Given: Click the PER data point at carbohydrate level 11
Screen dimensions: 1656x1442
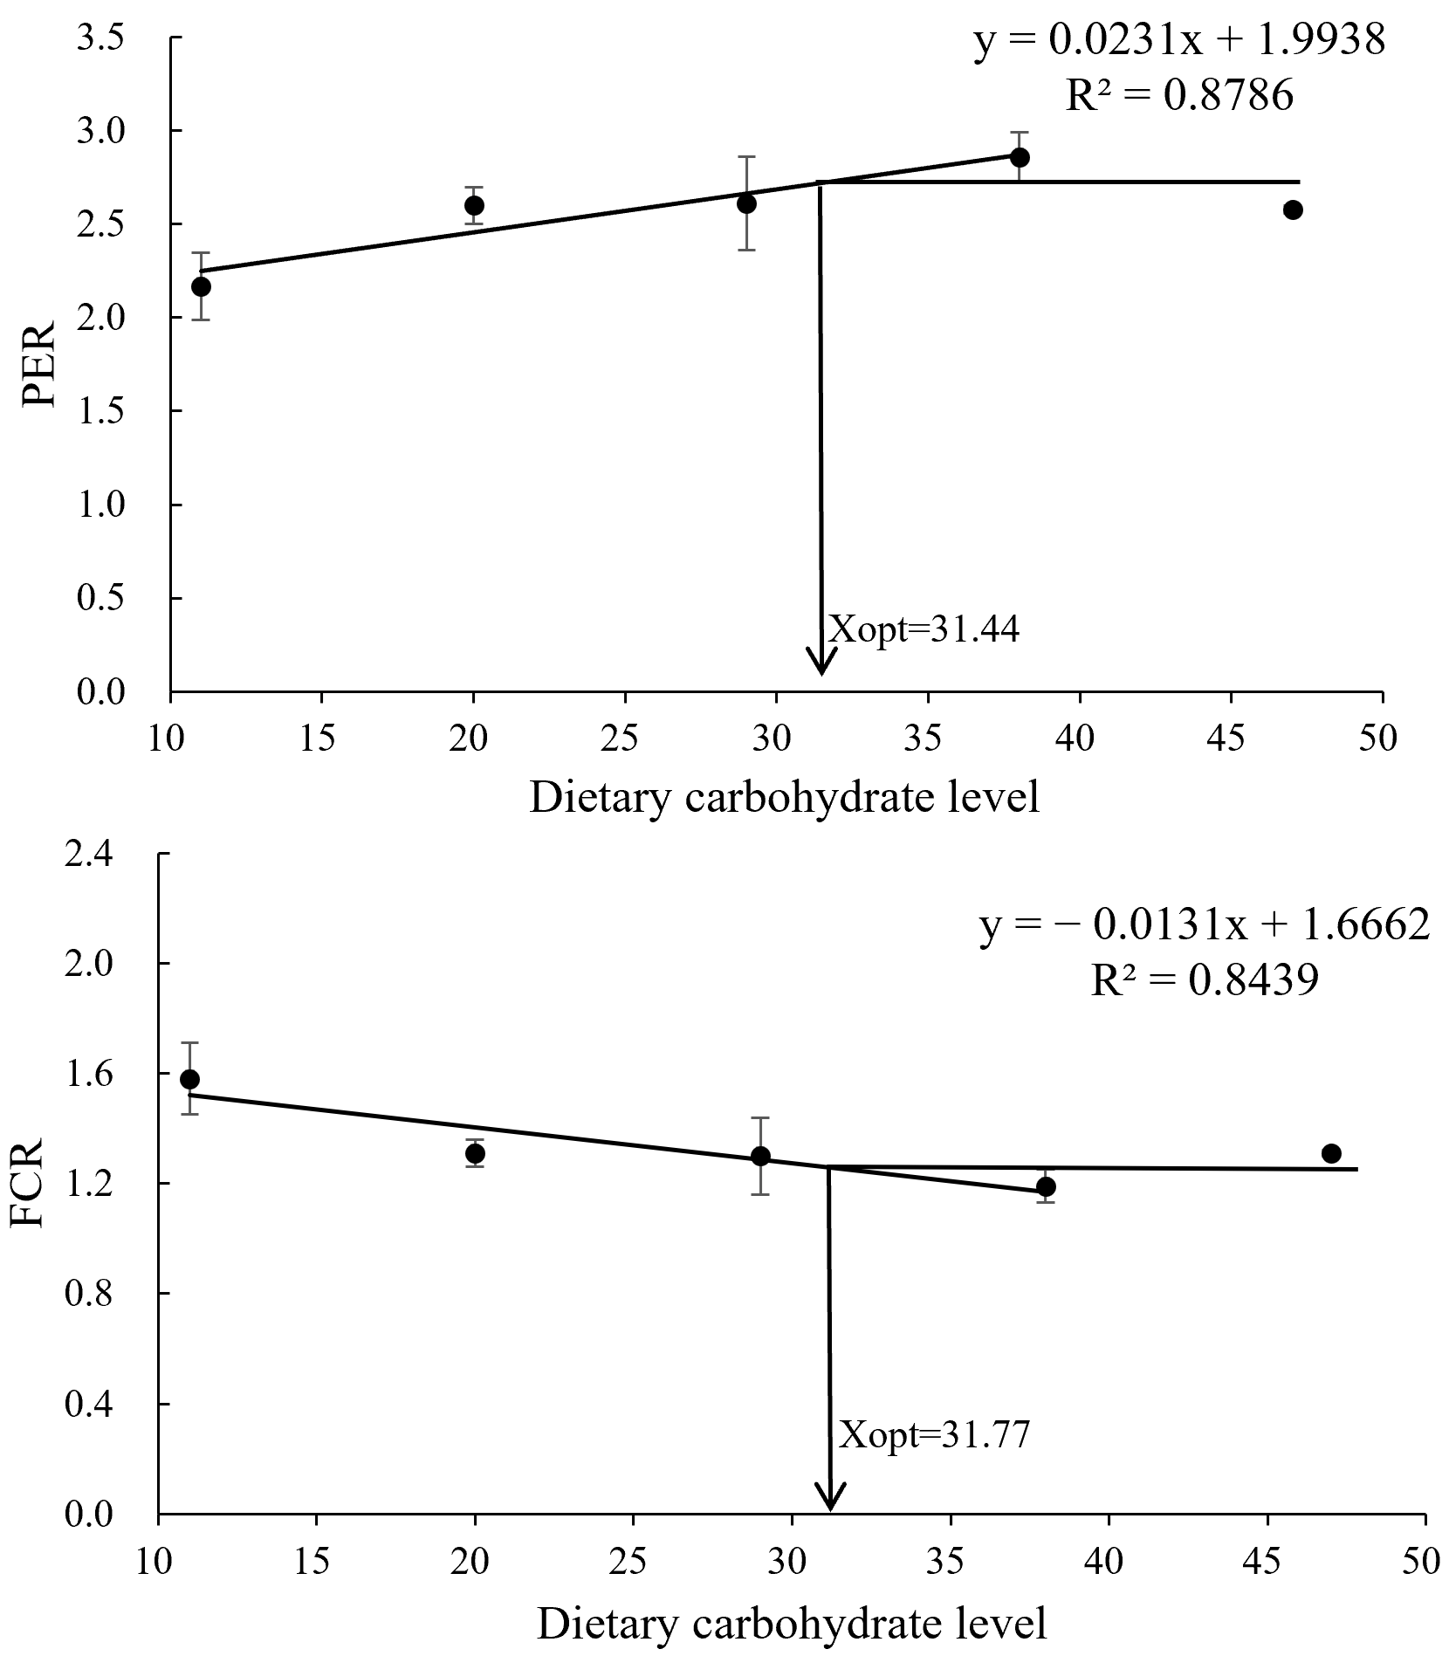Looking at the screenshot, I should [x=202, y=286].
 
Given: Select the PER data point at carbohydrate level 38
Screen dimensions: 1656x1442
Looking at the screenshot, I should [x=1020, y=157].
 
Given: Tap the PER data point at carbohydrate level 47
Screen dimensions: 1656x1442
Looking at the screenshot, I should [x=1293, y=210].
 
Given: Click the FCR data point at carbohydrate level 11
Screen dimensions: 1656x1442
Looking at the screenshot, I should [x=189, y=1079].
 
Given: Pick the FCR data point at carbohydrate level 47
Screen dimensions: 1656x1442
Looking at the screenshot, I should [x=1331, y=1153].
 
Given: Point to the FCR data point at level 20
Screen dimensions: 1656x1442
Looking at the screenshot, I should [x=475, y=1153].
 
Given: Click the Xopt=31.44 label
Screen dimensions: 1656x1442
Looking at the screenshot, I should [x=924, y=629].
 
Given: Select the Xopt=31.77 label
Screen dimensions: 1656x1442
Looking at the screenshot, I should [x=935, y=1435].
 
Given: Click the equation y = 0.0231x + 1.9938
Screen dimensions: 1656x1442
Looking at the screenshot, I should [x=1179, y=40].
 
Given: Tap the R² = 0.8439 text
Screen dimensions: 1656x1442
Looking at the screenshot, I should [x=1204, y=982].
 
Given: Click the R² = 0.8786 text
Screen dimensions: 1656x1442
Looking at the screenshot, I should [x=1179, y=96].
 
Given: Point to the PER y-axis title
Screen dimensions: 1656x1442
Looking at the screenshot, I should [x=40, y=365].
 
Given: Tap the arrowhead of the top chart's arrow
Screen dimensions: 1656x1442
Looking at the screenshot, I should [x=821, y=662].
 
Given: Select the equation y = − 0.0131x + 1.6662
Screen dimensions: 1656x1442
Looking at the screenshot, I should [x=1204, y=926].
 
